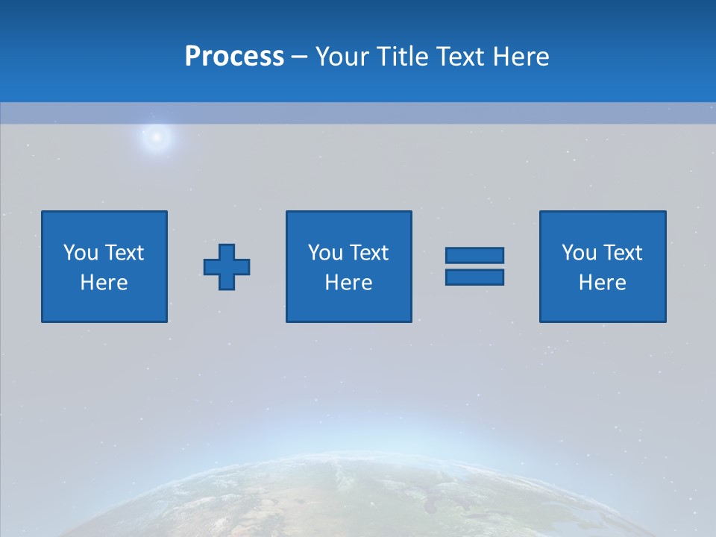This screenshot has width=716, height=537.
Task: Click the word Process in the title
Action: [x=234, y=57]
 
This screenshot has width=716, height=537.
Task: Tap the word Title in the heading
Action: [x=401, y=57]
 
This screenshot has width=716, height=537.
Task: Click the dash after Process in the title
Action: [x=300, y=57]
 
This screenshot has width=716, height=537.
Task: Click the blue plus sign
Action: [x=227, y=267]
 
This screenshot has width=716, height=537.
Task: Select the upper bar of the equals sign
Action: [x=474, y=256]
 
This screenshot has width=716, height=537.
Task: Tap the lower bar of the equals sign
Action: [x=474, y=277]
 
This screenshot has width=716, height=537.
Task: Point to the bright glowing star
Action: [x=157, y=136]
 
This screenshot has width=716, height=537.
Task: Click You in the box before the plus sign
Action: [x=81, y=253]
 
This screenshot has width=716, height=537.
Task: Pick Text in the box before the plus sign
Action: [x=124, y=253]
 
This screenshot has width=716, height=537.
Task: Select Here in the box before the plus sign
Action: [x=104, y=283]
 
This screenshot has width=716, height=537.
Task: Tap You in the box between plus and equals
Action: [x=325, y=253]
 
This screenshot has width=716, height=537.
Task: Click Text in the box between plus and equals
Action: [x=368, y=253]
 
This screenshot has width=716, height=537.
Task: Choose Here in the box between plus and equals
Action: [x=349, y=283]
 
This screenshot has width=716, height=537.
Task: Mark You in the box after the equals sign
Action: [x=579, y=253]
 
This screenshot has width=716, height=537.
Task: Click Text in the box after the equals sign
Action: [x=622, y=253]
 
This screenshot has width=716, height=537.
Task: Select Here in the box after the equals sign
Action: [x=603, y=283]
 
